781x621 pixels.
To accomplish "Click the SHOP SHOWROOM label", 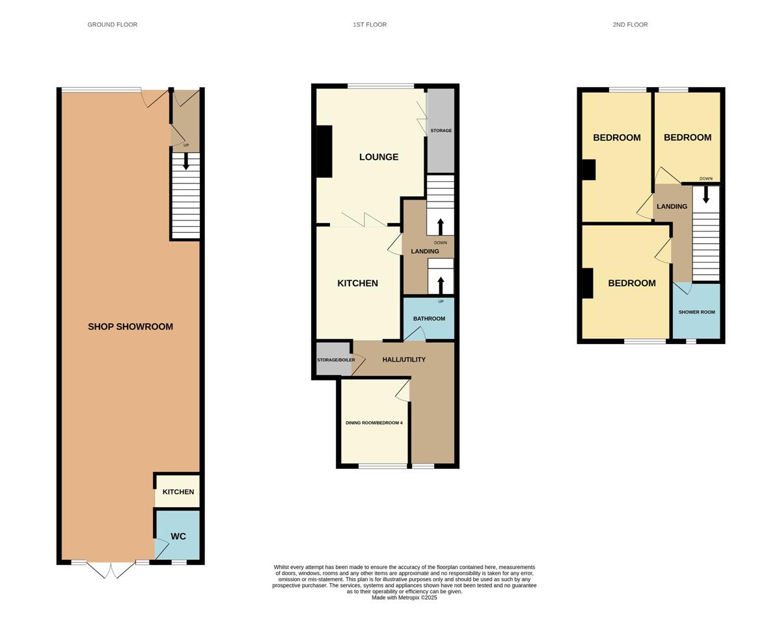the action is [x=130, y=326].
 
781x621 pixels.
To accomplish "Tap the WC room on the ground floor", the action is [x=177, y=535].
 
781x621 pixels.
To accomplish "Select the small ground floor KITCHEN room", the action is [x=177, y=491].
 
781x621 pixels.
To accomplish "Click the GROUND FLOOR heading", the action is [x=112, y=25].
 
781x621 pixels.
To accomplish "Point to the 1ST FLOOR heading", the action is [x=370, y=25].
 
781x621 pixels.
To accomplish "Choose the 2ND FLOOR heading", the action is [x=630, y=25].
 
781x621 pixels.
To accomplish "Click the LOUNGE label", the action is [x=379, y=157].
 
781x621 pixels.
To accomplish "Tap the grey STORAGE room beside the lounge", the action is [x=441, y=131].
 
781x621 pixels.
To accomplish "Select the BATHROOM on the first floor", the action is [x=429, y=319].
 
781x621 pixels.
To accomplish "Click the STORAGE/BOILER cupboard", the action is [x=334, y=359].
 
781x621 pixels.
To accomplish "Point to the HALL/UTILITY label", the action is [x=404, y=360].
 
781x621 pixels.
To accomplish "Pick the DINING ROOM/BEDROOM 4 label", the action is [x=374, y=423].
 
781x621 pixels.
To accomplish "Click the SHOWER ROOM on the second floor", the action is [x=696, y=311].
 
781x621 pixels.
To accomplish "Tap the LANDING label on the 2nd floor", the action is [x=672, y=206].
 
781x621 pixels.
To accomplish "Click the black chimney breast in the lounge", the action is [x=325, y=152].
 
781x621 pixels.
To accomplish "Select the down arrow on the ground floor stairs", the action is [x=186, y=161].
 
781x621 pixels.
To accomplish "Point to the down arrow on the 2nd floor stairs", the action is [x=706, y=195].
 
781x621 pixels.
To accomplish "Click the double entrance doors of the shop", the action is [x=110, y=570].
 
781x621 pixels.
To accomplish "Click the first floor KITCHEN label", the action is [x=357, y=284].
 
